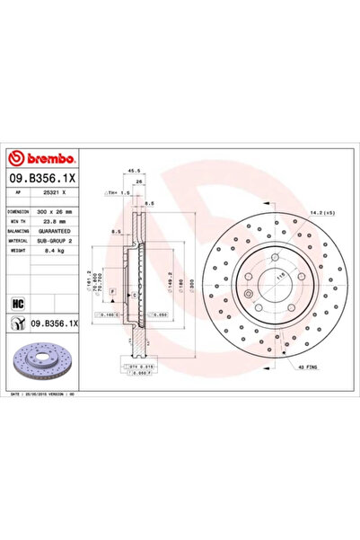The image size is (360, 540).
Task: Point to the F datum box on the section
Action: point(113,293)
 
